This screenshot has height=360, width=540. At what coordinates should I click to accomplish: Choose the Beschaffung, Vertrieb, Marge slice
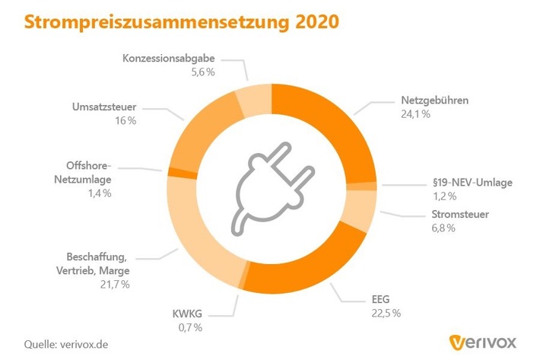pos(190,228)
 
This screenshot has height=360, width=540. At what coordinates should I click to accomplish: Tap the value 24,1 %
pos(415,114)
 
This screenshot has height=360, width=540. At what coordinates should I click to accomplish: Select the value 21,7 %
pos(115,284)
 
